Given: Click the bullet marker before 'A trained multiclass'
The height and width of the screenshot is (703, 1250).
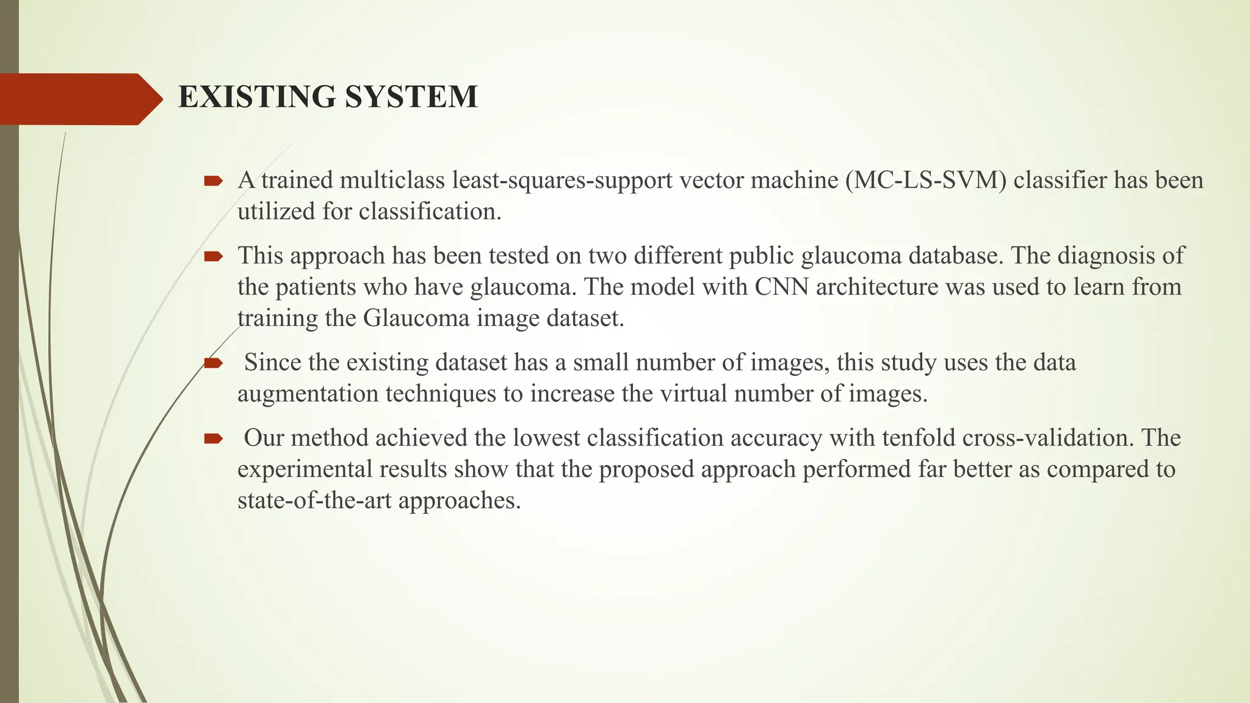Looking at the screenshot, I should coord(213,181).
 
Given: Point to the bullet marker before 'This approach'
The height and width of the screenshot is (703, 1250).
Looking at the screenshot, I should coord(213,256).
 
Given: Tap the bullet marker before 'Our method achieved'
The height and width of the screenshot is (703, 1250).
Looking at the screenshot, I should coord(213,438).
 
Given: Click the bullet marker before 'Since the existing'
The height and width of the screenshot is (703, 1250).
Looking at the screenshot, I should coord(213,363).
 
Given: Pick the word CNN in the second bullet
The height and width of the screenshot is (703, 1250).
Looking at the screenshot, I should coord(781,287).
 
